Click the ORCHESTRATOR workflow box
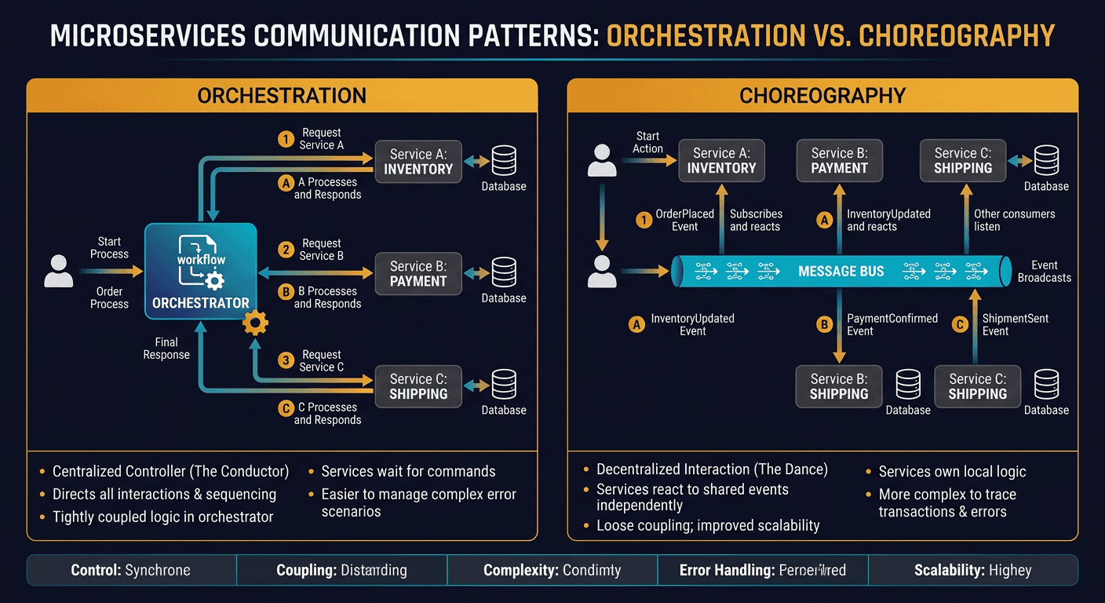(201, 271)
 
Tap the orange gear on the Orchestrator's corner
(256, 322)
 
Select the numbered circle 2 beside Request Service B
(286, 250)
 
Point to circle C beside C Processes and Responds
(286, 409)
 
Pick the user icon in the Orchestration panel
(59, 271)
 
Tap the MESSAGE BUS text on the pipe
(841, 271)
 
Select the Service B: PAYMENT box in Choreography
(839, 161)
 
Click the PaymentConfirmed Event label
(892, 325)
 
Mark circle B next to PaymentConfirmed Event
(824, 324)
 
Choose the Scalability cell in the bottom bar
(972, 570)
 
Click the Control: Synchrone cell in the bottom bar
(131, 570)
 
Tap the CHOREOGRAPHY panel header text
(822, 96)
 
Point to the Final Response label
(166, 349)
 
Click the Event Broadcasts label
(1044, 272)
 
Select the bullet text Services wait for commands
(408, 471)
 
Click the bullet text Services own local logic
(952, 472)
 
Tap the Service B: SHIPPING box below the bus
(839, 386)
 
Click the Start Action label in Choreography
(647, 142)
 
